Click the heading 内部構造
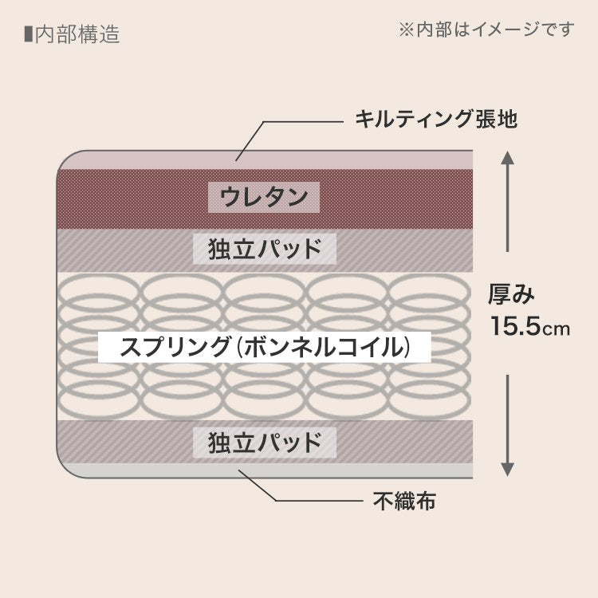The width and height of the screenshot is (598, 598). click(77, 35)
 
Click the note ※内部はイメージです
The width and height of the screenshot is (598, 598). click(486, 30)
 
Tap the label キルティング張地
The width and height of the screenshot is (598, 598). click(436, 120)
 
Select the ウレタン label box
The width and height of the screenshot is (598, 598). click(264, 196)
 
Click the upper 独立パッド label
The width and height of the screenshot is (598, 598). click(266, 250)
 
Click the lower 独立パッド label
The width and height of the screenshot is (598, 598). click(266, 443)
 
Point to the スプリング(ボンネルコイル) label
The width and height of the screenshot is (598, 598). click(264, 348)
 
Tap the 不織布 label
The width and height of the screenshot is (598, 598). click(404, 501)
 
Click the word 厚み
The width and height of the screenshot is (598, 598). click(511, 294)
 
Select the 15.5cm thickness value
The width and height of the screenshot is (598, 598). click(529, 327)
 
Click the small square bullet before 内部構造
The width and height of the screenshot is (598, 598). click(29, 34)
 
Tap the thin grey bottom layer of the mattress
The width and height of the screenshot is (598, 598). click(263, 470)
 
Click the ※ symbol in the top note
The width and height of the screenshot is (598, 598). click(406, 30)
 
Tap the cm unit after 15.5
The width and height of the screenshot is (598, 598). click(558, 329)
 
